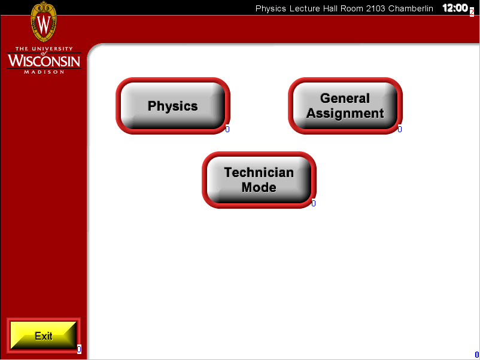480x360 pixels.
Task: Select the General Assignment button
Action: click(x=345, y=106)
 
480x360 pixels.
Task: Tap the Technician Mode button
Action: click(x=259, y=180)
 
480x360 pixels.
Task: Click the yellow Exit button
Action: click(x=44, y=335)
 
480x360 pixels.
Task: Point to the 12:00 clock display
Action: click(x=455, y=8)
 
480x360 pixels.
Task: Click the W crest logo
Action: click(x=44, y=22)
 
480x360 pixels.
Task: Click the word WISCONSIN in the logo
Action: click(x=44, y=60)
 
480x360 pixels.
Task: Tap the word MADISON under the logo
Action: click(x=44, y=72)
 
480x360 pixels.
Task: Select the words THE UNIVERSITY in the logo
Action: click(x=44, y=48)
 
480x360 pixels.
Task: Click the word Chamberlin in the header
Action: click(x=411, y=8)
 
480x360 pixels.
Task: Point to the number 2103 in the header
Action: click(x=376, y=8)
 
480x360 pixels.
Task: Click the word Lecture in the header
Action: click(x=305, y=8)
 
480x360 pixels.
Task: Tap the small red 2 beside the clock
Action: click(x=472, y=12)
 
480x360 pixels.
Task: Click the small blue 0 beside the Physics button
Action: click(x=227, y=129)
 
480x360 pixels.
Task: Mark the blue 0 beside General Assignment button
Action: click(x=400, y=129)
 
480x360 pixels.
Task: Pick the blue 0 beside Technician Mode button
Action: click(x=314, y=203)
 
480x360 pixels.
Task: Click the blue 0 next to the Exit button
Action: click(x=79, y=349)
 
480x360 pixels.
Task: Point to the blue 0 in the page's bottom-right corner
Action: click(x=476, y=355)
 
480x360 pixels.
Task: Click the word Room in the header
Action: click(x=352, y=8)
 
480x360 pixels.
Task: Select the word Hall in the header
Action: click(x=330, y=8)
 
